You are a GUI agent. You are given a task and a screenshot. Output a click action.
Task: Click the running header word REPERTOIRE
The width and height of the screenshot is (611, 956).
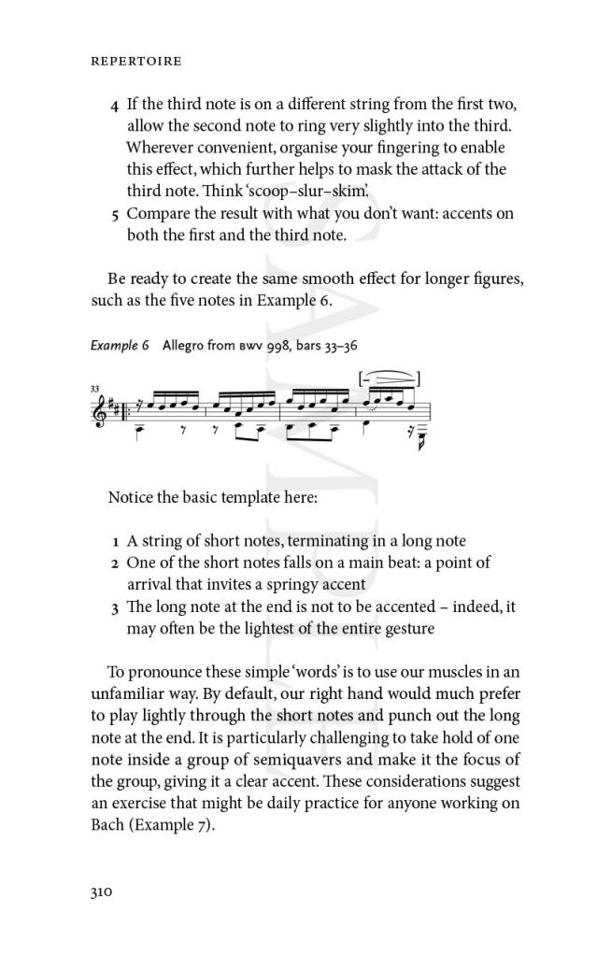135,62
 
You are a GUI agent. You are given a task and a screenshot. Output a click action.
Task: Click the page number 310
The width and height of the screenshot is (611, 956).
101,892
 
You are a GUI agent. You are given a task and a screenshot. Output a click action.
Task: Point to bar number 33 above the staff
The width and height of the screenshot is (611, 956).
95,387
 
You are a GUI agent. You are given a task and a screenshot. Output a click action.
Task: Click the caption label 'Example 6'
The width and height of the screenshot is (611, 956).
120,345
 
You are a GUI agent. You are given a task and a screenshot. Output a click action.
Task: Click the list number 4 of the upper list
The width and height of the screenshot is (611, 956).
114,104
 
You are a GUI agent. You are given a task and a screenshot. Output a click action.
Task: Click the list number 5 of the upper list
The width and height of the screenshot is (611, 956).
114,214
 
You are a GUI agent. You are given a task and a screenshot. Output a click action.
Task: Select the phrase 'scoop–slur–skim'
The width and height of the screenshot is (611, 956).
300,192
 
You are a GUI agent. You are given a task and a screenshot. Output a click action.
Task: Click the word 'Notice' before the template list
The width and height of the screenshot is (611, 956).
130,497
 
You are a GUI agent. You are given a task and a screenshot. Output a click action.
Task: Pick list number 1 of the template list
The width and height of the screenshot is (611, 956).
115,541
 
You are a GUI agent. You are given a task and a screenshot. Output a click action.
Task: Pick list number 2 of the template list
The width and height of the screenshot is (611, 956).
114,564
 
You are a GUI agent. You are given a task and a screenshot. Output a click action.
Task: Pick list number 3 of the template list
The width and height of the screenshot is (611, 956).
114,607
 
